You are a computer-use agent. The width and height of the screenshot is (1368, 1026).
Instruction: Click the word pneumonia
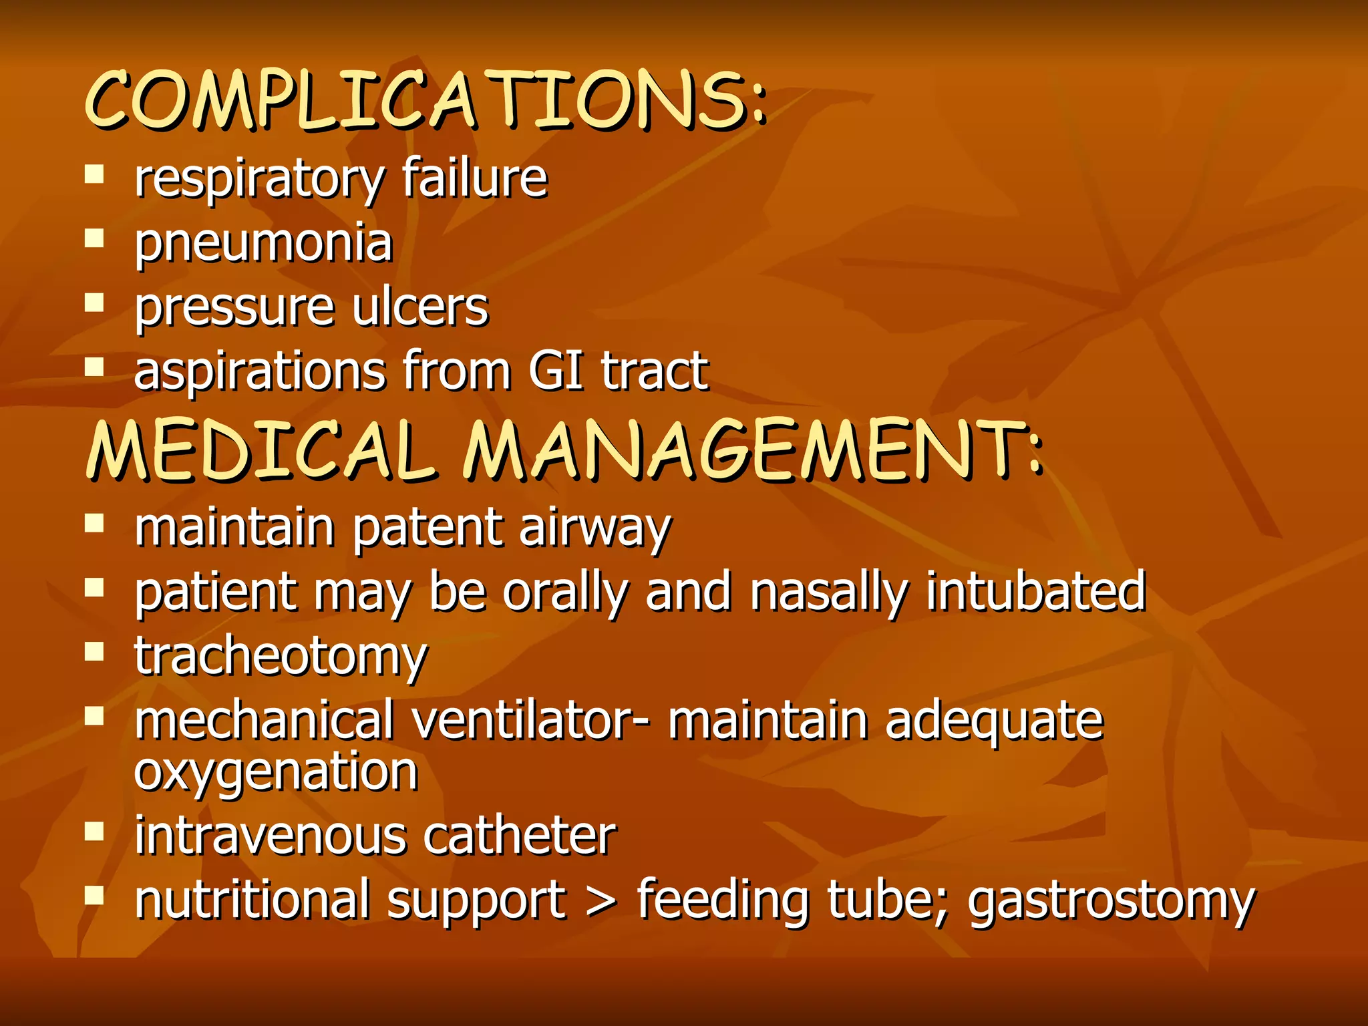[263, 244]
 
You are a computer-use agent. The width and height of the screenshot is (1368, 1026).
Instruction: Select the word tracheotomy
[281, 657]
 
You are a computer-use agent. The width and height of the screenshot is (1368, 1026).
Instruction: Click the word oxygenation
[276, 773]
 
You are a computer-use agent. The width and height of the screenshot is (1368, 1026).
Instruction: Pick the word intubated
[1036, 592]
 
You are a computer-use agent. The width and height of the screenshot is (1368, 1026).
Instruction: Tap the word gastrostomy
[1111, 900]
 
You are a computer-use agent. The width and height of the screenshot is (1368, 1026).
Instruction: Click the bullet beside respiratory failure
[94, 175]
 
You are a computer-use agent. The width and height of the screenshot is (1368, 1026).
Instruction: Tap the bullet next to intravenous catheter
[94, 832]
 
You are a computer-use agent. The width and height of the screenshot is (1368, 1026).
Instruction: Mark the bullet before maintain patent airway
[94, 523]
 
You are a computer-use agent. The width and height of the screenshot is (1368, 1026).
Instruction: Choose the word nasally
[829, 592]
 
